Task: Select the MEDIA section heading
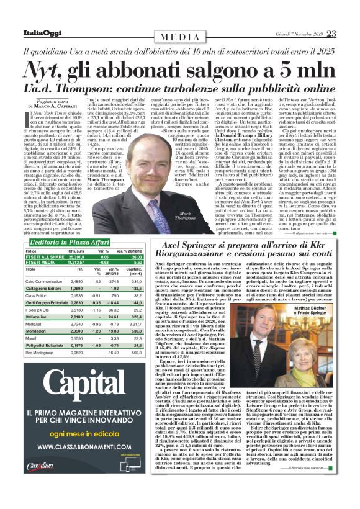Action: [180, 37]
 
